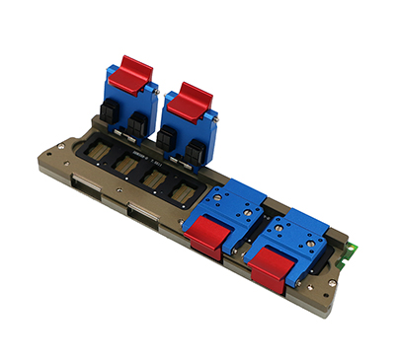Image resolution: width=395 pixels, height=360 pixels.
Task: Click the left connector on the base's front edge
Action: [x=84, y=191]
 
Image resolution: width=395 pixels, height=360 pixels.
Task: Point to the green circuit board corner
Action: [x=347, y=259]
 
